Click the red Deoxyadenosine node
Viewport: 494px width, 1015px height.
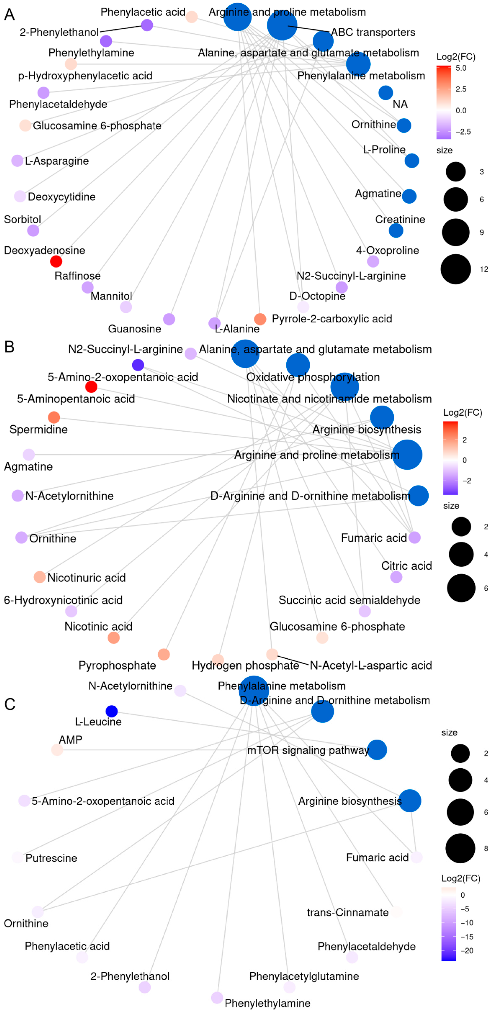[56, 261]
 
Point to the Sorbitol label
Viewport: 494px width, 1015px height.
[22, 219]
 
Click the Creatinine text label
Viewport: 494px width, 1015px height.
[400, 219]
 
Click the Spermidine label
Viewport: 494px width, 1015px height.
[38, 429]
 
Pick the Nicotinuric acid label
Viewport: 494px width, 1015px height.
[86, 578]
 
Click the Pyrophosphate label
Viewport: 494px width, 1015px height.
[117, 665]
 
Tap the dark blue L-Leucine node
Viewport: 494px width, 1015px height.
[112, 711]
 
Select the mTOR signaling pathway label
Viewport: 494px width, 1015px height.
[308, 750]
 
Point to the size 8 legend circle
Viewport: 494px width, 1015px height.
[460, 848]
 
